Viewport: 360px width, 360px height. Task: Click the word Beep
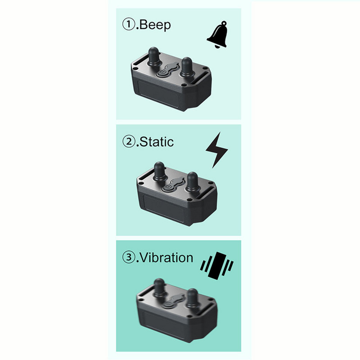155,25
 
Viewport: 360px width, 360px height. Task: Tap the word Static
157,142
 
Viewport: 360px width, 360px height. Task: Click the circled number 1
129,24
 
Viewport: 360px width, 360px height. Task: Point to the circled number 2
129,141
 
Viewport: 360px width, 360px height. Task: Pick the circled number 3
129,257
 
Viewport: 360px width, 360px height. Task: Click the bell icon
217,35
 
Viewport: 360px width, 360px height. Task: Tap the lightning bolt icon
216,150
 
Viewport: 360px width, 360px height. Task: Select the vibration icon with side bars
217,265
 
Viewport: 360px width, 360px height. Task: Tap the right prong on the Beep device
186,67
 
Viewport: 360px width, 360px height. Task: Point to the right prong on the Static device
192,182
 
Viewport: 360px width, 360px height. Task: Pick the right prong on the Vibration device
192,298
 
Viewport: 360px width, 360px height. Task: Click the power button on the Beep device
162,73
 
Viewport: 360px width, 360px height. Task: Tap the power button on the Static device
167,189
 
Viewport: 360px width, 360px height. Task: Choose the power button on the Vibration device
167,305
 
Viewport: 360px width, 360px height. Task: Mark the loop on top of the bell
224,23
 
